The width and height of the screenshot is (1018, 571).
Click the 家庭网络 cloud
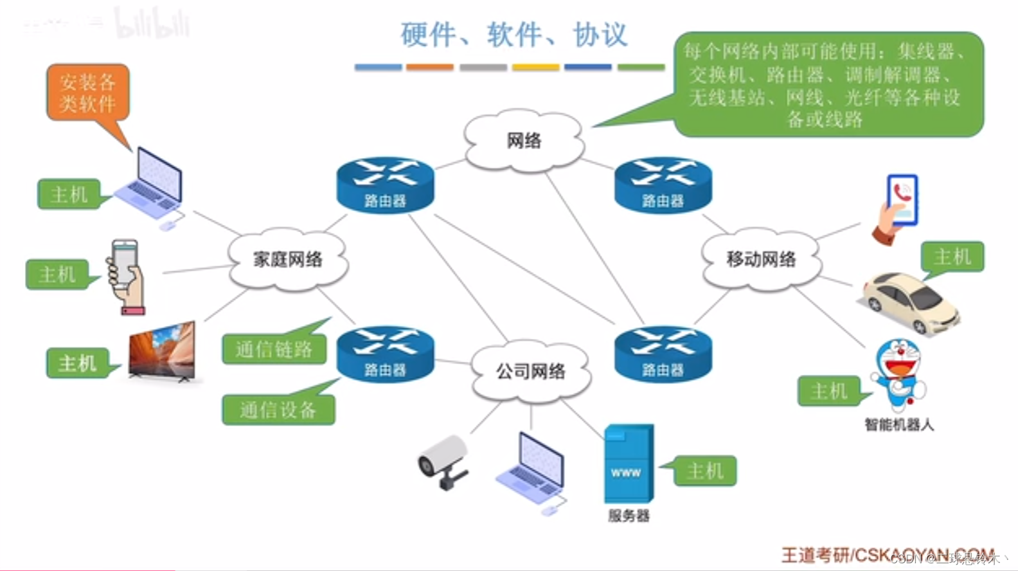(287, 260)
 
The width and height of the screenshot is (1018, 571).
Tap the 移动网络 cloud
(761, 260)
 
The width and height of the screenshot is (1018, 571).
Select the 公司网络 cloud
(530, 371)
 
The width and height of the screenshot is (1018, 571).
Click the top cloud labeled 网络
(524, 140)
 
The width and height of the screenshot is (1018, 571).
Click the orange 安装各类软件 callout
(88, 92)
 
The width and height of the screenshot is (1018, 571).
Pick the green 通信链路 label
(274, 349)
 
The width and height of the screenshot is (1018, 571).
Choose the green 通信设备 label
(278, 410)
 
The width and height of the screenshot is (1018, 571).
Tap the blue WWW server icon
(628, 463)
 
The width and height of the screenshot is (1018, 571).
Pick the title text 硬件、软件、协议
(513, 35)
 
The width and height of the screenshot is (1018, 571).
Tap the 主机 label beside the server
(705, 471)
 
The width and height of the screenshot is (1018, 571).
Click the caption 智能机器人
(898, 424)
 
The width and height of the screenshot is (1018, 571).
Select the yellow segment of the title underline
(535, 67)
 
